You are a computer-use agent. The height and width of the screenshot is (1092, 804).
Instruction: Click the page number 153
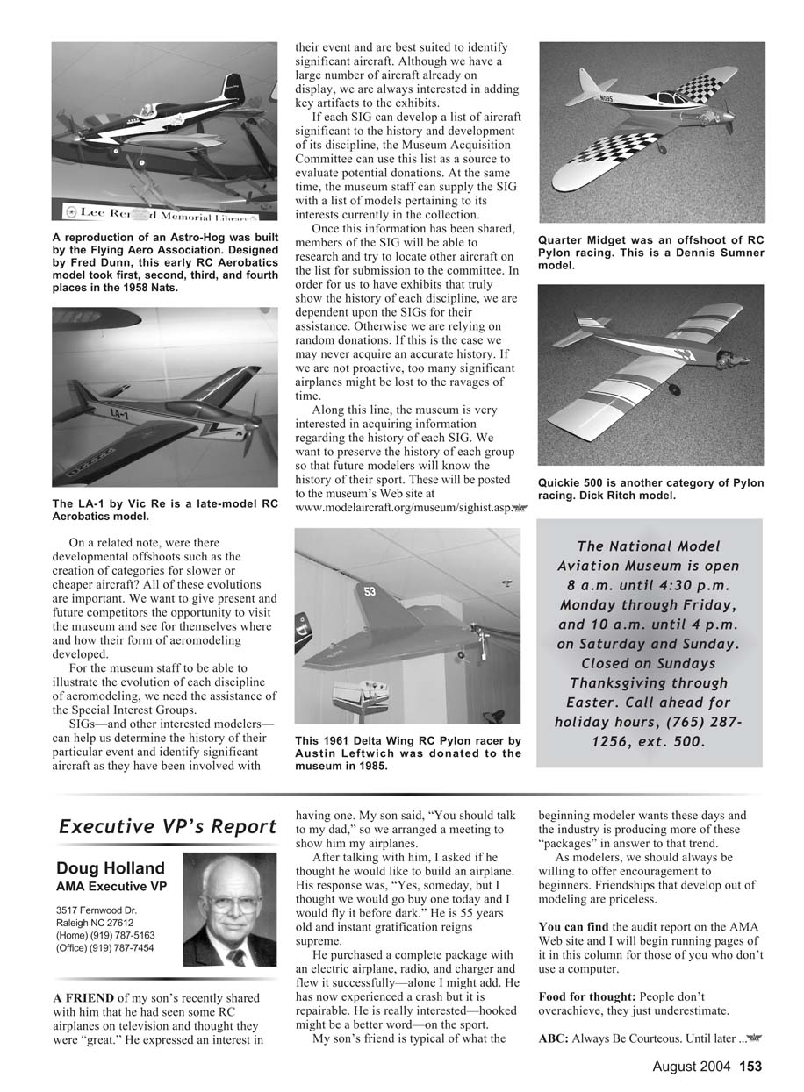750,1067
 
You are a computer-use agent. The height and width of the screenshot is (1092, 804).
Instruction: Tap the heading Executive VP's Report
168,826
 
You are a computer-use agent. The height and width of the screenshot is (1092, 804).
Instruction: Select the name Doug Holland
110,868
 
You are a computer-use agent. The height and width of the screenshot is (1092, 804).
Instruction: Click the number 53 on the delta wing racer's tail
370,591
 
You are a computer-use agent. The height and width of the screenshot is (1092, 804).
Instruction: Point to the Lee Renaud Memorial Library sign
163,214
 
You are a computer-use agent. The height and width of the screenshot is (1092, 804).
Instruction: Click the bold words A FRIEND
83,998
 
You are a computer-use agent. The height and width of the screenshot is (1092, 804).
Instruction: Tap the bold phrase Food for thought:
587,997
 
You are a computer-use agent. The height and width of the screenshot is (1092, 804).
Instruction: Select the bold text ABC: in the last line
553,1039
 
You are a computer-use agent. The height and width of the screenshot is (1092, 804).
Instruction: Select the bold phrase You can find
573,926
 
